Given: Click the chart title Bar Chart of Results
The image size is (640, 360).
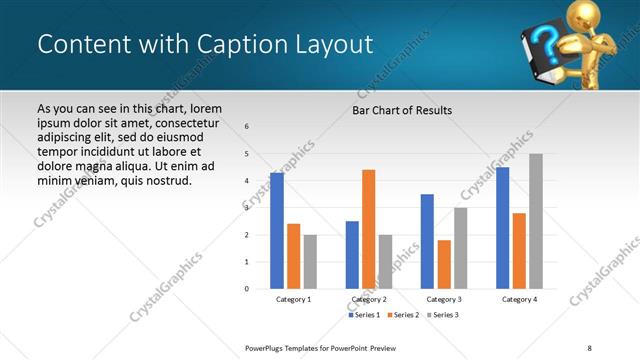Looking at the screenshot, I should pos(402,110).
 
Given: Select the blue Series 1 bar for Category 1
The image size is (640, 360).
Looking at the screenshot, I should pos(277,231).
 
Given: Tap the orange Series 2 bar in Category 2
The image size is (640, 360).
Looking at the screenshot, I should pos(368,229).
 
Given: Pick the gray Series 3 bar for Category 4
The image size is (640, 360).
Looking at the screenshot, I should pos(535,221).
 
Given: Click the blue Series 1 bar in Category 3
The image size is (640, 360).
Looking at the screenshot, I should pos(427,241).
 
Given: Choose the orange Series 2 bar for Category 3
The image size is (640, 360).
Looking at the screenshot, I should pos(444,264).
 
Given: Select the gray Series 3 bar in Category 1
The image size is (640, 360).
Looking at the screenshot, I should pos(310,261).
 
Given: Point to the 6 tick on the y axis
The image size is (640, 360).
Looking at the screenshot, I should pos(247,126).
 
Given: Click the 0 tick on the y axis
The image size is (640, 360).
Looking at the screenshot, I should pos(247,289).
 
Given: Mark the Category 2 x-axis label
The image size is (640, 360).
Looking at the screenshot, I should pos(369,299).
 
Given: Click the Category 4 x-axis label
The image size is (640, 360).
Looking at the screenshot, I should pos(519,299).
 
